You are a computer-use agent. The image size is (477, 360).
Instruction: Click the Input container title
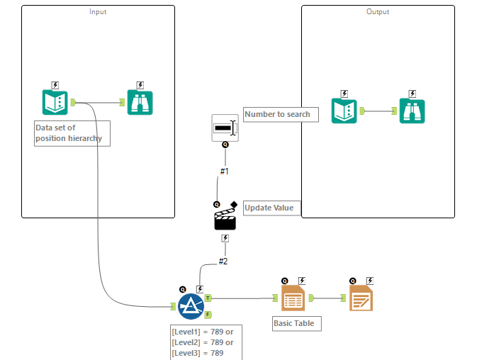98,12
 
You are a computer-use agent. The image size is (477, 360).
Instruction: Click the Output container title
378,12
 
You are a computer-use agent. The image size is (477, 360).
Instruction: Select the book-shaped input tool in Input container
55,103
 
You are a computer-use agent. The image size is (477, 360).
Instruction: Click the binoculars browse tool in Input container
140,103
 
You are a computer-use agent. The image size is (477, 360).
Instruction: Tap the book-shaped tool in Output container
344,111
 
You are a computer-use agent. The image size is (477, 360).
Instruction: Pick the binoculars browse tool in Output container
412,111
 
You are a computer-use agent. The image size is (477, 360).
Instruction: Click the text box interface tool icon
225,128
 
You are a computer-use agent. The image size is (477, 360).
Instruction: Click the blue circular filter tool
191,306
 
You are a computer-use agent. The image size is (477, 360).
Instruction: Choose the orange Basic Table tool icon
293,299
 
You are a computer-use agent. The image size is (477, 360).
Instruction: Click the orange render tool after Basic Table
361,299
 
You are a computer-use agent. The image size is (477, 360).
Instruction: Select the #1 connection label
225,171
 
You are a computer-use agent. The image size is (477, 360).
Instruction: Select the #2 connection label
223,261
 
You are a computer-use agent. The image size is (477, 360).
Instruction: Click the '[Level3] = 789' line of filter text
198,353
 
